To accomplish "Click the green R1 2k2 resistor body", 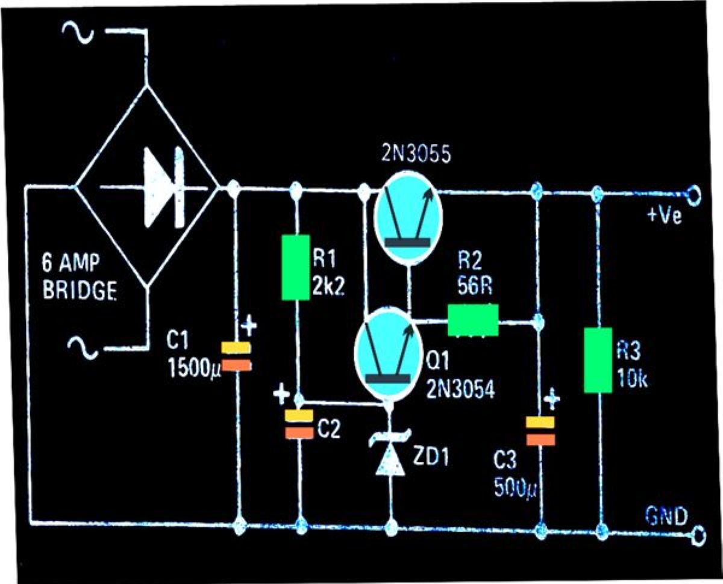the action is [296, 267].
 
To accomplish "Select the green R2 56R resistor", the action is [473, 320].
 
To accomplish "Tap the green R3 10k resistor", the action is [598, 360].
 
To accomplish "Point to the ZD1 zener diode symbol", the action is [390, 452].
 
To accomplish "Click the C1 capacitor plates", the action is [236, 356].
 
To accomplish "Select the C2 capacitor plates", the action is [299, 424].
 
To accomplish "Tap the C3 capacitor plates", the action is [540, 430].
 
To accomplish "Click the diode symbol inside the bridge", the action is [164, 188].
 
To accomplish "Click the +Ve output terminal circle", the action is [692, 196].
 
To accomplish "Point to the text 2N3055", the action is [416, 154].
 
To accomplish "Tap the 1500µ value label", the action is [194, 368].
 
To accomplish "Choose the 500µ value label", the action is [515, 487].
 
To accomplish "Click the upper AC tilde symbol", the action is [78, 33].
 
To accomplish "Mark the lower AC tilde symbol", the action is [83, 349].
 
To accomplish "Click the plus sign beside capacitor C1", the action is [249, 325].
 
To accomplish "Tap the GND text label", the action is [666, 516].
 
